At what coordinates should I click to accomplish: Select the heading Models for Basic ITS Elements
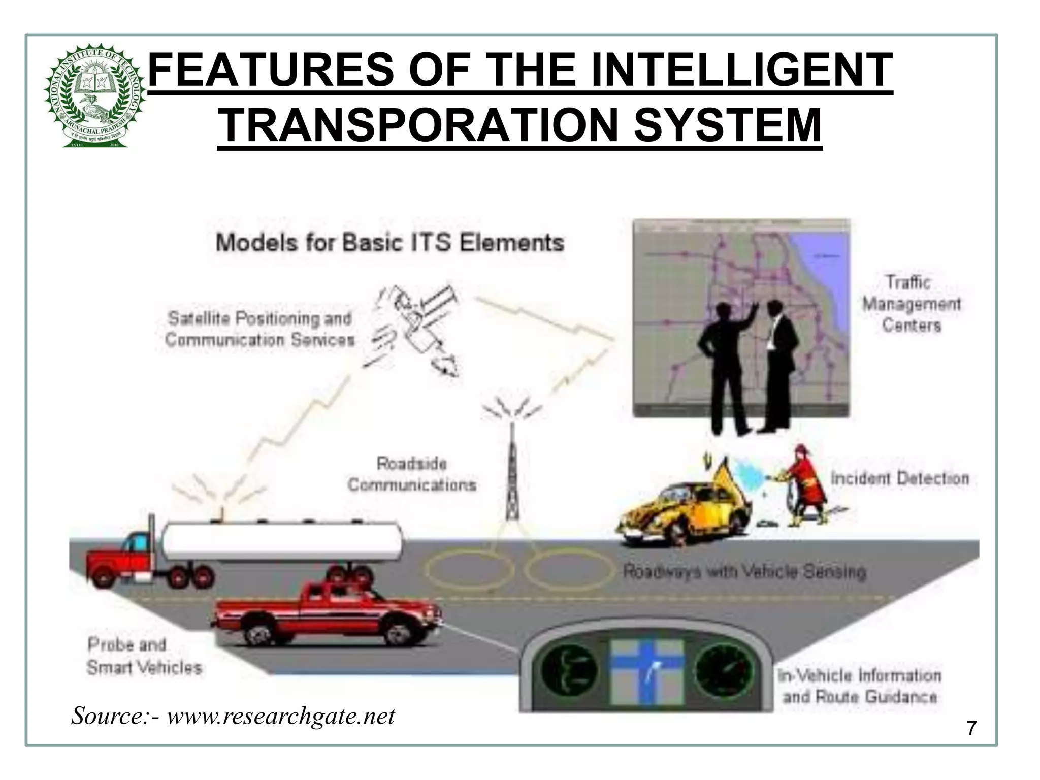click(x=390, y=242)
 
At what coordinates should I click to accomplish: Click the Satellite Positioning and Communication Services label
click(x=260, y=329)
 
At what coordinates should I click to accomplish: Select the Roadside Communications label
click(x=412, y=474)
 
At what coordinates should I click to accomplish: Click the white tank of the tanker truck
click(x=282, y=540)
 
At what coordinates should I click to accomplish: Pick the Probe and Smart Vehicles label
click(x=144, y=656)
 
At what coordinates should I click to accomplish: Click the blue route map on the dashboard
click(x=646, y=672)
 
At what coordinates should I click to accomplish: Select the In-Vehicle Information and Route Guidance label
click(x=859, y=686)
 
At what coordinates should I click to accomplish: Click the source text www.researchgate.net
click(x=280, y=716)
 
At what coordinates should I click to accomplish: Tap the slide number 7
click(x=971, y=729)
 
